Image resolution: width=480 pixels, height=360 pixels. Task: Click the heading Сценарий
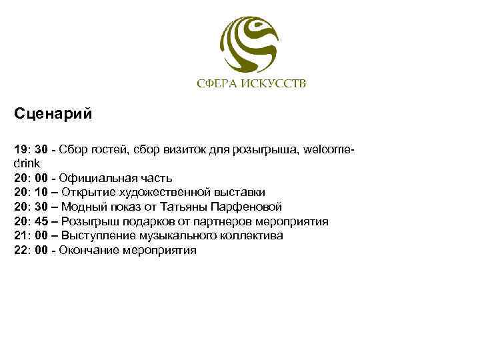pos(53,113)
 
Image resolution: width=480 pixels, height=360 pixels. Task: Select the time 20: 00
pos(30,177)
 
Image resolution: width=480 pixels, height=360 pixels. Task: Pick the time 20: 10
pos(30,192)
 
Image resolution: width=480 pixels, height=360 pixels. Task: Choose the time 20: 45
pos(30,221)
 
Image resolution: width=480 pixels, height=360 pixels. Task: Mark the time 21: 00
pos(30,236)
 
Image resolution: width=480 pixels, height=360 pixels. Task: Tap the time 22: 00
pos(30,251)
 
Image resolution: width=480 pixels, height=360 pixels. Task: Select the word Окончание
pos(90,251)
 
